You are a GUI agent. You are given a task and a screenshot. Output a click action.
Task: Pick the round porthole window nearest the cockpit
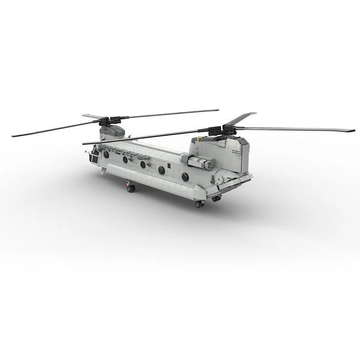pyautogui.click(x=106, y=154)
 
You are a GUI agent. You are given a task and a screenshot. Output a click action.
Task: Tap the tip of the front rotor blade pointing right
pyautogui.click(x=218, y=110)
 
